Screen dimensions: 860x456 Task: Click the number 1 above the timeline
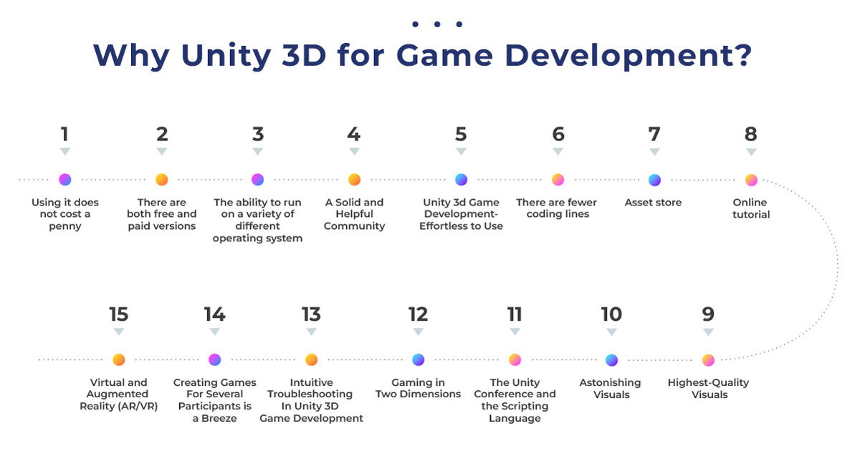pyautogui.click(x=64, y=135)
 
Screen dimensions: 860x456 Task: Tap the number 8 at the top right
pyautogui.click(x=750, y=135)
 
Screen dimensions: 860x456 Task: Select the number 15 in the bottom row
pyautogui.click(x=118, y=314)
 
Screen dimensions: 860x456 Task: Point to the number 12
pyautogui.click(x=418, y=314)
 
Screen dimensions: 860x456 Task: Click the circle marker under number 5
pyautogui.click(x=461, y=180)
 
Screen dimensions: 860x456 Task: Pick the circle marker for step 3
pyautogui.click(x=257, y=180)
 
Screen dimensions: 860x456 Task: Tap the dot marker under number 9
pyautogui.click(x=708, y=360)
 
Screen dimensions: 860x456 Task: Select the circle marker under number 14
pyautogui.click(x=214, y=360)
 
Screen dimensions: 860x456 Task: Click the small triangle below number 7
pyautogui.click(x=654, y=152)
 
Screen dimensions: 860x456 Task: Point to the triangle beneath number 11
pyautogui.click(x=515, y=331)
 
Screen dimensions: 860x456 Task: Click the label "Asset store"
pyautogui.click(x=653, y=202)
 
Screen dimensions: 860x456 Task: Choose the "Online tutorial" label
pyautogui.click(x=750, y=208)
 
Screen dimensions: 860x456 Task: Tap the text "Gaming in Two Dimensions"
pyautogui.click(x=418, y=388)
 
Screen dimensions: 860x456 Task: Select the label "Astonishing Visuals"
pyautogui.click(x=611, y=389)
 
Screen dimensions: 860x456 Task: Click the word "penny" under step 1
pyautogui.click(x=65, y=226)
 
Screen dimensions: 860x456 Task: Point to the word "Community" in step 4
pyautogui.click(x=354, y=226)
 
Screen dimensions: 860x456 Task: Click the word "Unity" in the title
pyautogui.click(x=226, y=56)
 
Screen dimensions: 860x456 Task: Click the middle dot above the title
pyautogui.click(x=437, y=24)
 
